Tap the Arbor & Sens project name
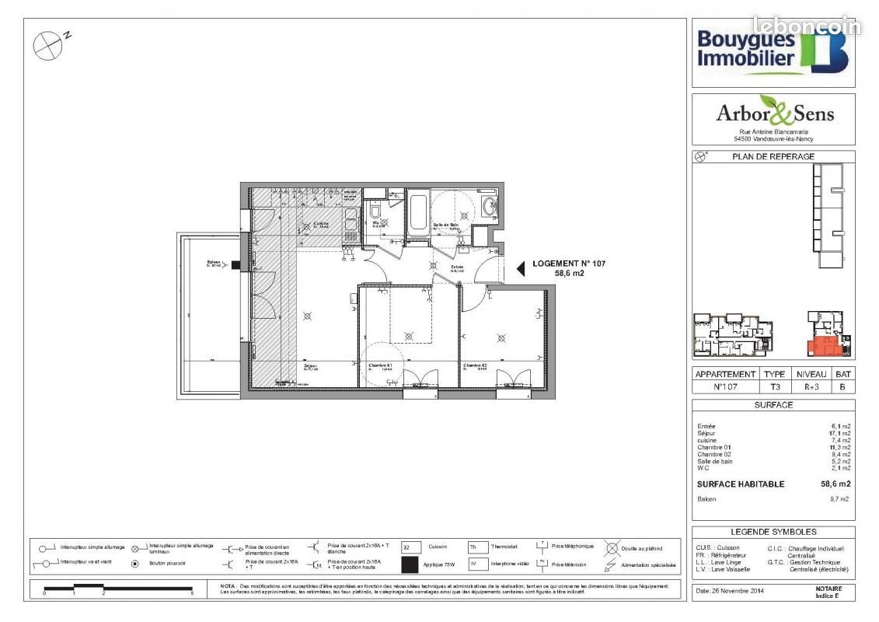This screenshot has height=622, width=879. point(774,114)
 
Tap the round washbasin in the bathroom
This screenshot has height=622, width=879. point(490,206)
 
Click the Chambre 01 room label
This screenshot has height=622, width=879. point(379,365)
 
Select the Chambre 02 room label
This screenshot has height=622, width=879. point(475,365)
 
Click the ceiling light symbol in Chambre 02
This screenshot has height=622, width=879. point(501,337)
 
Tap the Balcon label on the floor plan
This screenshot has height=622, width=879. point(213,262)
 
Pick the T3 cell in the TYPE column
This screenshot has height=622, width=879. point(774,386)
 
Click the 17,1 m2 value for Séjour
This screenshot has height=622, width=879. point(840,433)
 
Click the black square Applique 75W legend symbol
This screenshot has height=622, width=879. point(410,565)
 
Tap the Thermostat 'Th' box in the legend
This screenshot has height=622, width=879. point(475,547)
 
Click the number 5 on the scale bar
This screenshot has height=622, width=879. point(192,593)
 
